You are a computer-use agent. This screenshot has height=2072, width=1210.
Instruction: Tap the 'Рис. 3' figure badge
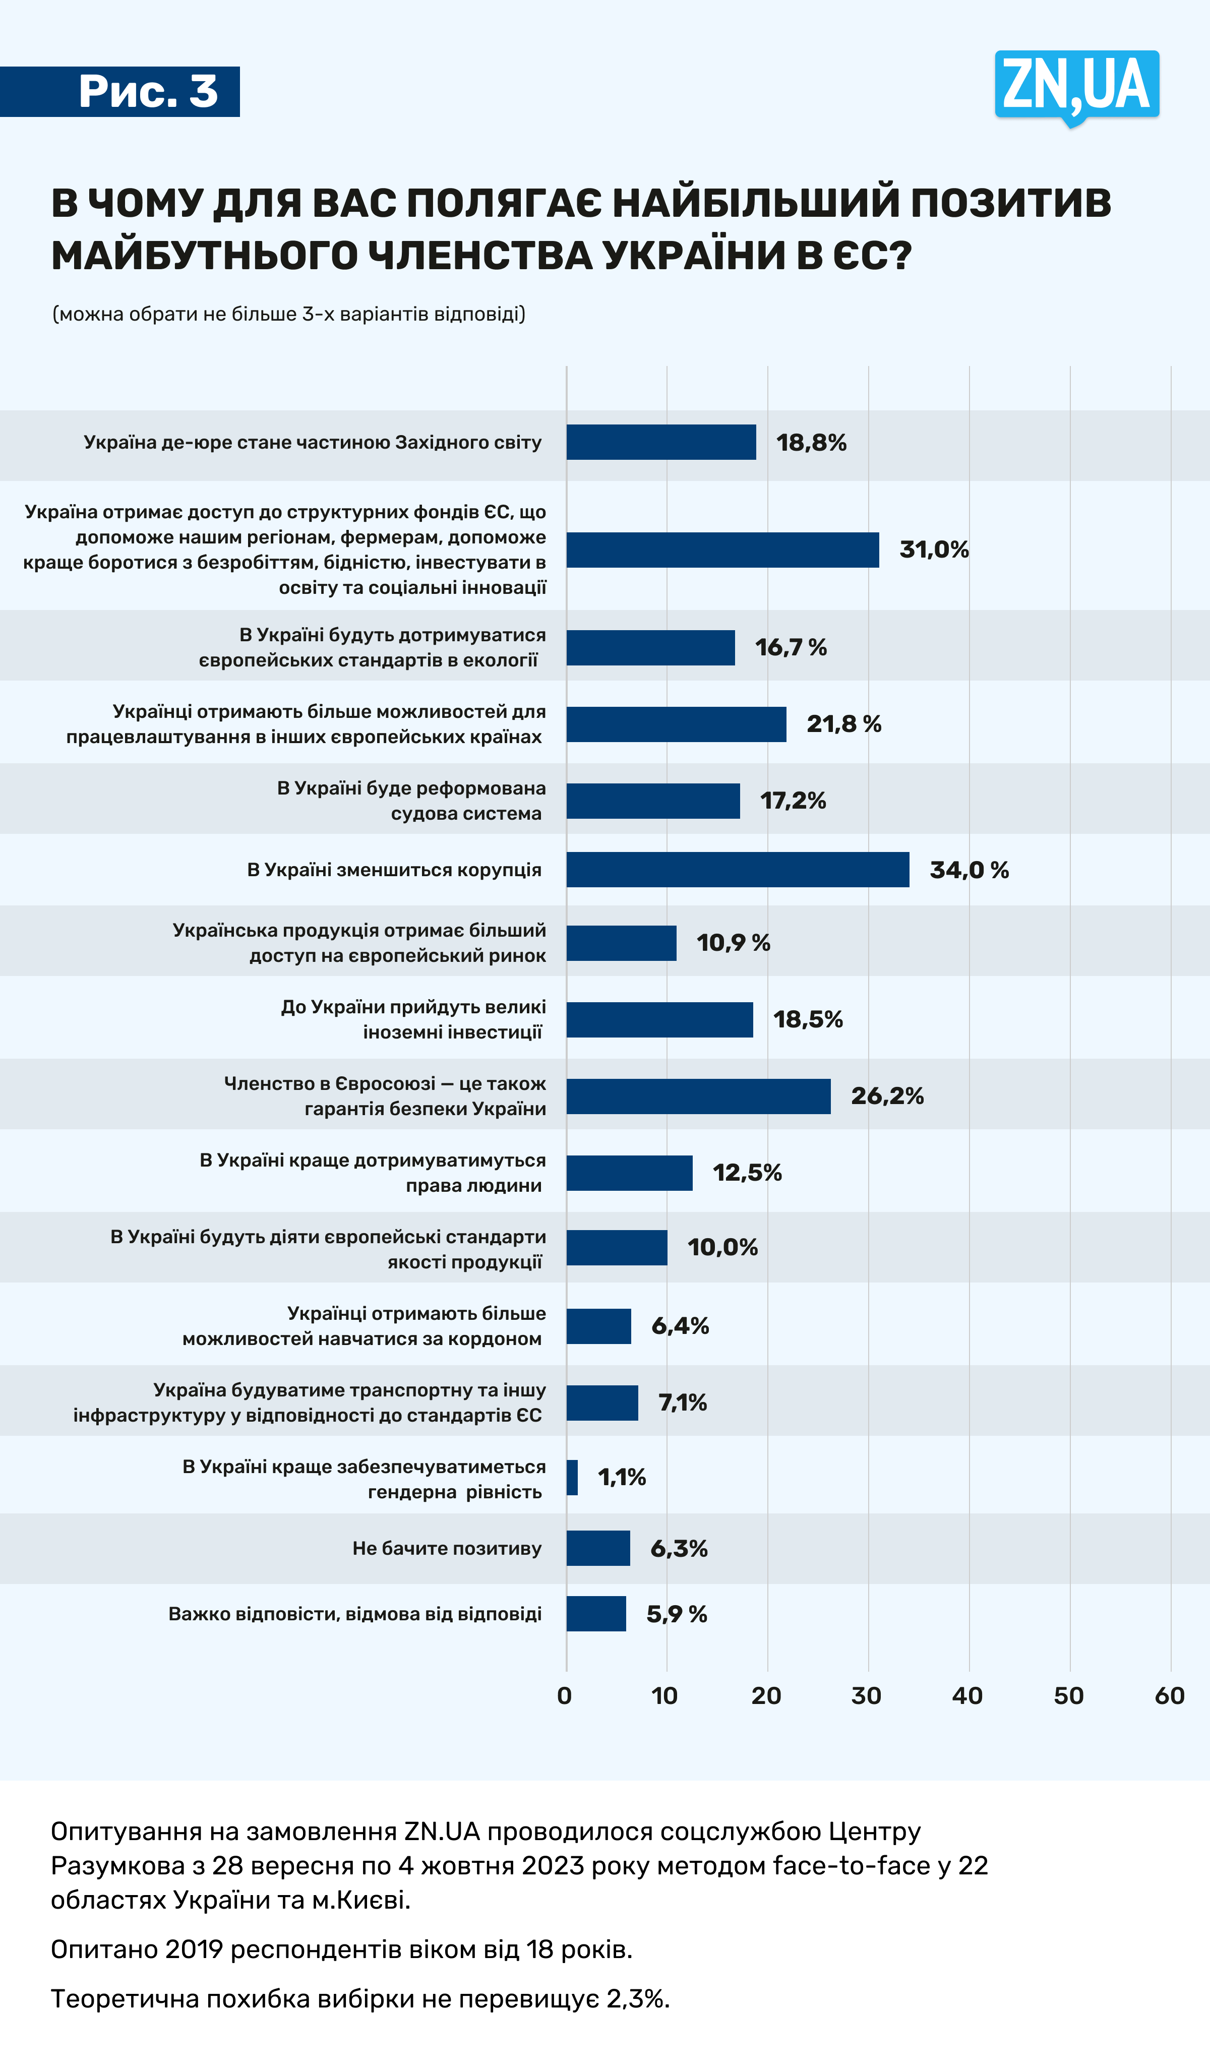point(148,91)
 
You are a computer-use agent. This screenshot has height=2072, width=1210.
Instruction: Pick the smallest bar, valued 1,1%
point(572,1478)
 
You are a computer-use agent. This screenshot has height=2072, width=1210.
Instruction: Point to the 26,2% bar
point(698,1096)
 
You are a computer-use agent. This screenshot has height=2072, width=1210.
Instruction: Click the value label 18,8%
point(811,442)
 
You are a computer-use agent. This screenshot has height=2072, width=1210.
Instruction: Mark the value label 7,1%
point(682,1402)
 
